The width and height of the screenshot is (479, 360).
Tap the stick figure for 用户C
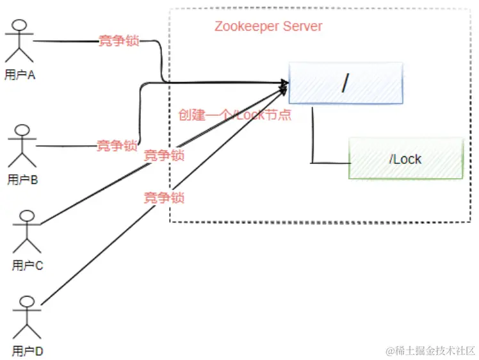coord(27,231)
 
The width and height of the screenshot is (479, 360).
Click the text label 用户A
coord(20,75)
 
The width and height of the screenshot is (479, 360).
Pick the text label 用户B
coord(23,180)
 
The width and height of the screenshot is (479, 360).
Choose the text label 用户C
coord(27,265)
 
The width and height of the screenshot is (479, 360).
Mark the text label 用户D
coord(27,351)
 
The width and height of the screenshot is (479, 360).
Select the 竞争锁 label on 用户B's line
coord(117,145)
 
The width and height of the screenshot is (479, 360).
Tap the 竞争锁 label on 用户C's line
coord(164,155)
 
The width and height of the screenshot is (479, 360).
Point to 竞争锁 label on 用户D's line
coord(164,198)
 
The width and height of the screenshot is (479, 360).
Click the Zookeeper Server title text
coord(268,26)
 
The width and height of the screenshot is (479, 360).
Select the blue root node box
coord(346,83)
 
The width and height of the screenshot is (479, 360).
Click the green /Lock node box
coord(405,159)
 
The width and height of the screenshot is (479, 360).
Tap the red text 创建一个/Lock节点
coord(235,115)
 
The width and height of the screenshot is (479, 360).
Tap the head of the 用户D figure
coord(28,301)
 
